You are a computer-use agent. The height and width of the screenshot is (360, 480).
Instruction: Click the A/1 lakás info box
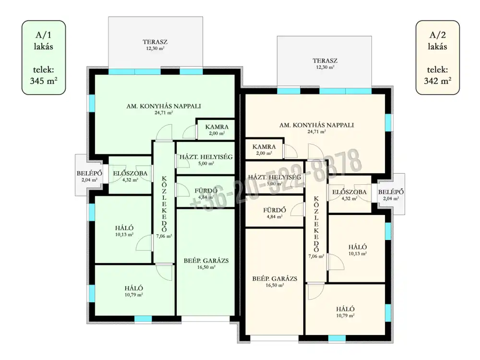click(44, 58)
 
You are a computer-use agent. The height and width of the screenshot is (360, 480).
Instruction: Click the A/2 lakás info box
click(437, 58)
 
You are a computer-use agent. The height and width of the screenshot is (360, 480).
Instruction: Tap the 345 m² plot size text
click(44, 81)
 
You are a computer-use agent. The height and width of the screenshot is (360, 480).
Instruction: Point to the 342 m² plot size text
click(437, 81)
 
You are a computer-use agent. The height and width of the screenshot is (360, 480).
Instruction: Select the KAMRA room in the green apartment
click(216, 130)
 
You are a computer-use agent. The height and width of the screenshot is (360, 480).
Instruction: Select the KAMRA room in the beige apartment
click(264, 150)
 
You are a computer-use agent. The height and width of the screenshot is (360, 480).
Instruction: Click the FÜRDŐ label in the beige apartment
click(275, 210)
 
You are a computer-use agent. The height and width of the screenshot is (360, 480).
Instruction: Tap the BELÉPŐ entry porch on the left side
click(89, 175)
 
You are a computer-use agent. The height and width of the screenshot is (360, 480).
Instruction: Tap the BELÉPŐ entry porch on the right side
click(391, 194)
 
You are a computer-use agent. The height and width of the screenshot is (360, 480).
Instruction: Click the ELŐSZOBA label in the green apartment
click(130, 173)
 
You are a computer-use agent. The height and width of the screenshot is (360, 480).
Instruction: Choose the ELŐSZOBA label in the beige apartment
click(349, 192)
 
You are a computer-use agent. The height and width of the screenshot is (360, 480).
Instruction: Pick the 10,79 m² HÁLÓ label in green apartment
click(134, 288)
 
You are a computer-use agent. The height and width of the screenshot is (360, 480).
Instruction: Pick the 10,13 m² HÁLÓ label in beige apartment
click(358, 247)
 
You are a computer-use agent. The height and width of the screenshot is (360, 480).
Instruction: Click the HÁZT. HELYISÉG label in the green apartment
click(206, 157)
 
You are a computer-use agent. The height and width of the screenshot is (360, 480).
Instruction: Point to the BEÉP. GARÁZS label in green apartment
click(206, 261)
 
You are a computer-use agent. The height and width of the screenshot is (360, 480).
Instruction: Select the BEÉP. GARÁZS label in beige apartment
click(275, 278)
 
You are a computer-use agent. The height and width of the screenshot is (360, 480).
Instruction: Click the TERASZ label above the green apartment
click(155, 42)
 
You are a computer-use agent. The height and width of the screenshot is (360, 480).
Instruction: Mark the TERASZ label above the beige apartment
click(325, 60)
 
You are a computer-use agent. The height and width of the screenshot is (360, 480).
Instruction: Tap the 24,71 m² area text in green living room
click(164, 113)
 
